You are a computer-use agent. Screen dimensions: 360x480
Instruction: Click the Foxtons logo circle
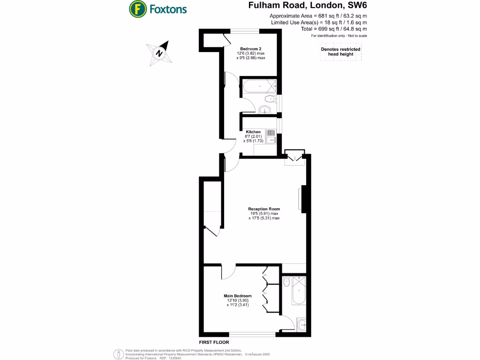[137, 9]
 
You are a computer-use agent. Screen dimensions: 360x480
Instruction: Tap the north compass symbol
[159, 53]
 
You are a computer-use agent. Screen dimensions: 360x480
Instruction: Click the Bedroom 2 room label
[250, 49]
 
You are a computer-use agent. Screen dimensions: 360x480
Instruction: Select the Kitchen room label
[253, 132]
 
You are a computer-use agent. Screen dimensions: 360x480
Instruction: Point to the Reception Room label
[264, 209]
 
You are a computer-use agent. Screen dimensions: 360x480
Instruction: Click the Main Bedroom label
[237, 296]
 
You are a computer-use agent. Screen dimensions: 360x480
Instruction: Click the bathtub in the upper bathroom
[258, 85]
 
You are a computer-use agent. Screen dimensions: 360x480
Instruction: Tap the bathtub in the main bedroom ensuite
[299, 293]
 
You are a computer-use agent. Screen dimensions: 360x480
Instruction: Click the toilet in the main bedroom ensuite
[287, 283]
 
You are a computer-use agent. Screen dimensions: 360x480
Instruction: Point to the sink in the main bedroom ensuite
[301, 323]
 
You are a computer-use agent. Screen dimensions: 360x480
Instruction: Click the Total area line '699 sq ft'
[333, 29]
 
